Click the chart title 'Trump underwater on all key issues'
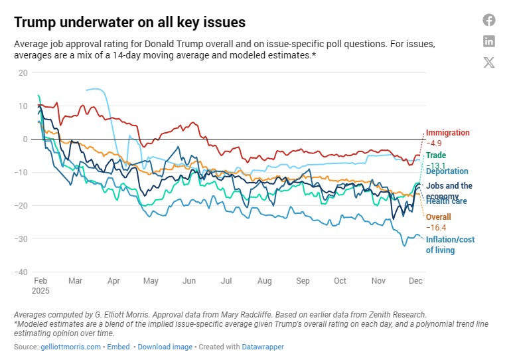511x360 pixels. pos(129,22)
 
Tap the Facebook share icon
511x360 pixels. pos(489,20)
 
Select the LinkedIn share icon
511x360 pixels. pos(489,41)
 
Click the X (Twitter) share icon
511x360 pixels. pos(489,62)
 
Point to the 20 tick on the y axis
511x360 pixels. pos(23,72)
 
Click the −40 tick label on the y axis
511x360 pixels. pos(21,272)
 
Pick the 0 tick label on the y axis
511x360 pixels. pos(25,139)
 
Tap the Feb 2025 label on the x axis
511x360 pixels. pos(41,286)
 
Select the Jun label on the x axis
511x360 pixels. pos(189,281)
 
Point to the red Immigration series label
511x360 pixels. pos(447,133)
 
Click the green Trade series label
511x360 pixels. pos(436,155)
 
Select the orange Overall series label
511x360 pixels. pos(438,217)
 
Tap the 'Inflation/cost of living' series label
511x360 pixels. pos(450,244)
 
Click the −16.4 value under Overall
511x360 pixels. pos(437,227)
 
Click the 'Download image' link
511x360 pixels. pos(165,347)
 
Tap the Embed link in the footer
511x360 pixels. pos(119,347)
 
